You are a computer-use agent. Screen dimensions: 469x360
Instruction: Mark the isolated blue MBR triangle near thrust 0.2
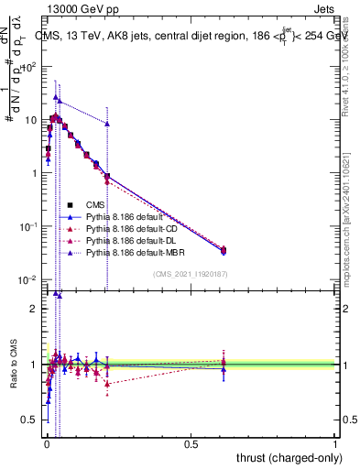pos(107,124)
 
